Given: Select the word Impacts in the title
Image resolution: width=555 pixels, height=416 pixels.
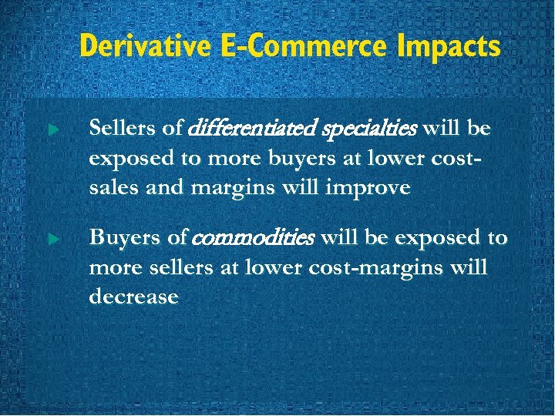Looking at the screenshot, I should pos(449,46).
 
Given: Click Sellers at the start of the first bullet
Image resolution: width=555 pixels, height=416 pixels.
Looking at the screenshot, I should pos(117,126).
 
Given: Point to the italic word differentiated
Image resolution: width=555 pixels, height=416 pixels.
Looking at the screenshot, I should pos(234,126).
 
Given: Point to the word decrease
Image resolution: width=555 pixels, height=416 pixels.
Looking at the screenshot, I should pos(133,297).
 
